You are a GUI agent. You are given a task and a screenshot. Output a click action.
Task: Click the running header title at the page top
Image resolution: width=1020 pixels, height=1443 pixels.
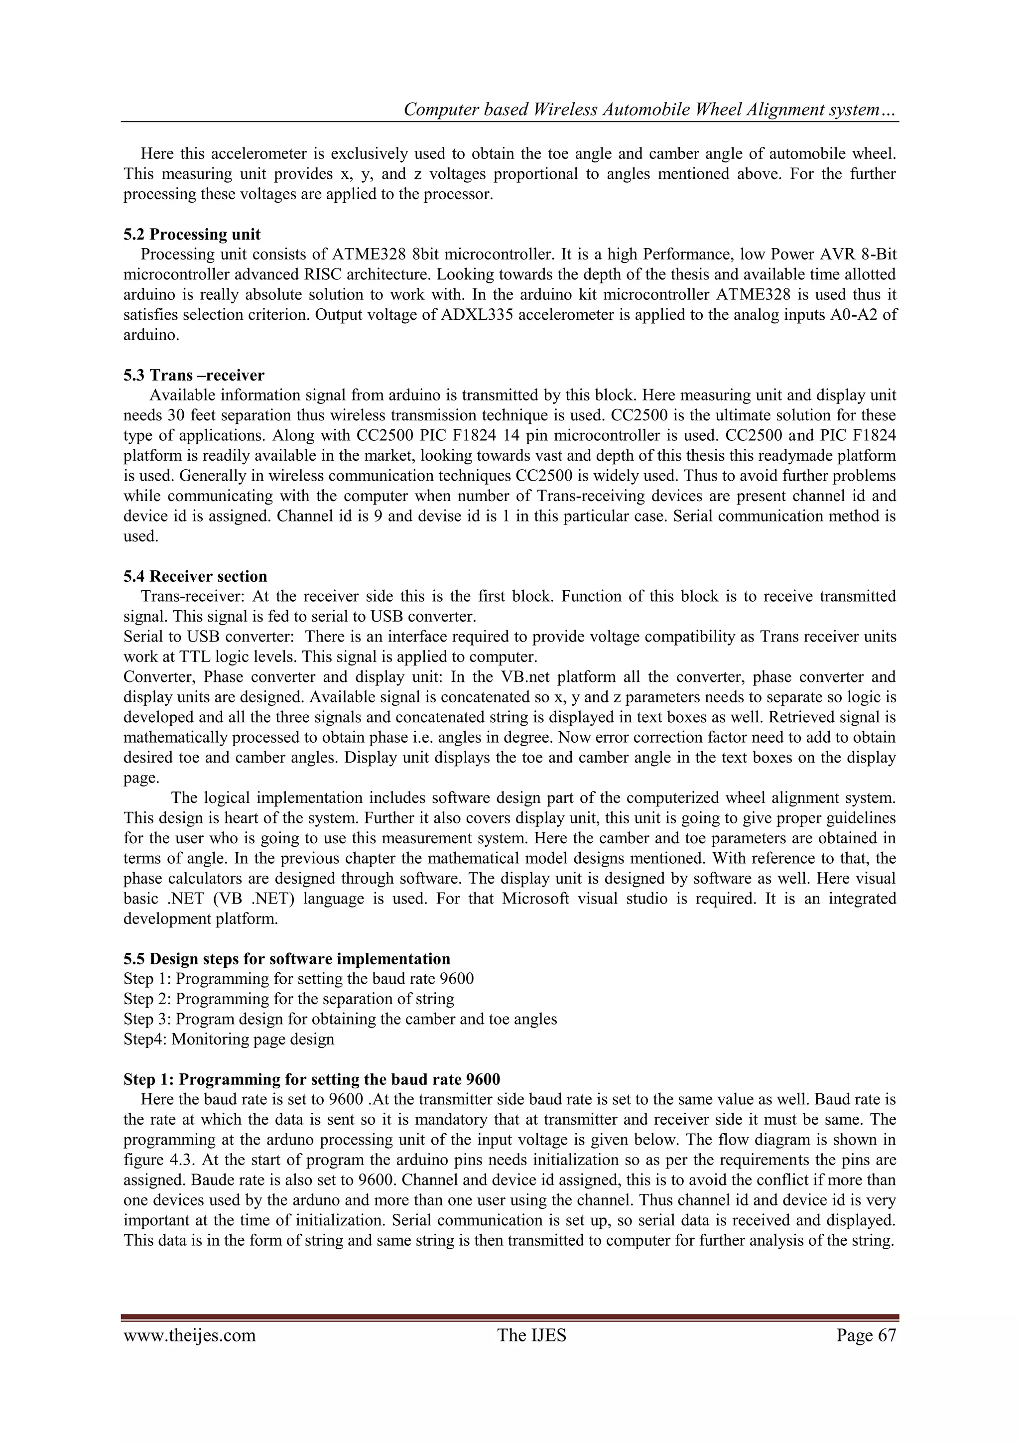coord(650,110)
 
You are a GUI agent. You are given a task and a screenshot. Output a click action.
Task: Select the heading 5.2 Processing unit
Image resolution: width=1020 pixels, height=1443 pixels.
coord(192,235)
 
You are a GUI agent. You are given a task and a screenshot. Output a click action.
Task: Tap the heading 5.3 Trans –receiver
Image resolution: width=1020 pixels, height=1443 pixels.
coord(194,375)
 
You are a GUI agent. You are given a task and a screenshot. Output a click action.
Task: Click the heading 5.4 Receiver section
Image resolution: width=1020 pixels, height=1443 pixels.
coord(195,576)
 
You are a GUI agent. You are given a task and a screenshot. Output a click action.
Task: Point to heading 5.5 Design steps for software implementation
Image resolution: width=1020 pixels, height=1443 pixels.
coord(286,958)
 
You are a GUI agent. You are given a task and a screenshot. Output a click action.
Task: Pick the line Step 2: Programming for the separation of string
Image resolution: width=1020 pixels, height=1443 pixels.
coord(288,999)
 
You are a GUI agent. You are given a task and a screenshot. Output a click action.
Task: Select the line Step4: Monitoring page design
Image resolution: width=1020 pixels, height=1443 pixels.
coord(229,1039)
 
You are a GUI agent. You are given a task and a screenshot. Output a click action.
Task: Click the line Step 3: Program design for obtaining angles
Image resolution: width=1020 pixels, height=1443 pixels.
coord(340,1019)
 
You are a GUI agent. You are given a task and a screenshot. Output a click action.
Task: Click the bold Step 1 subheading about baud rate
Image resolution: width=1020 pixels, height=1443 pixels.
coord(312,1079)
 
